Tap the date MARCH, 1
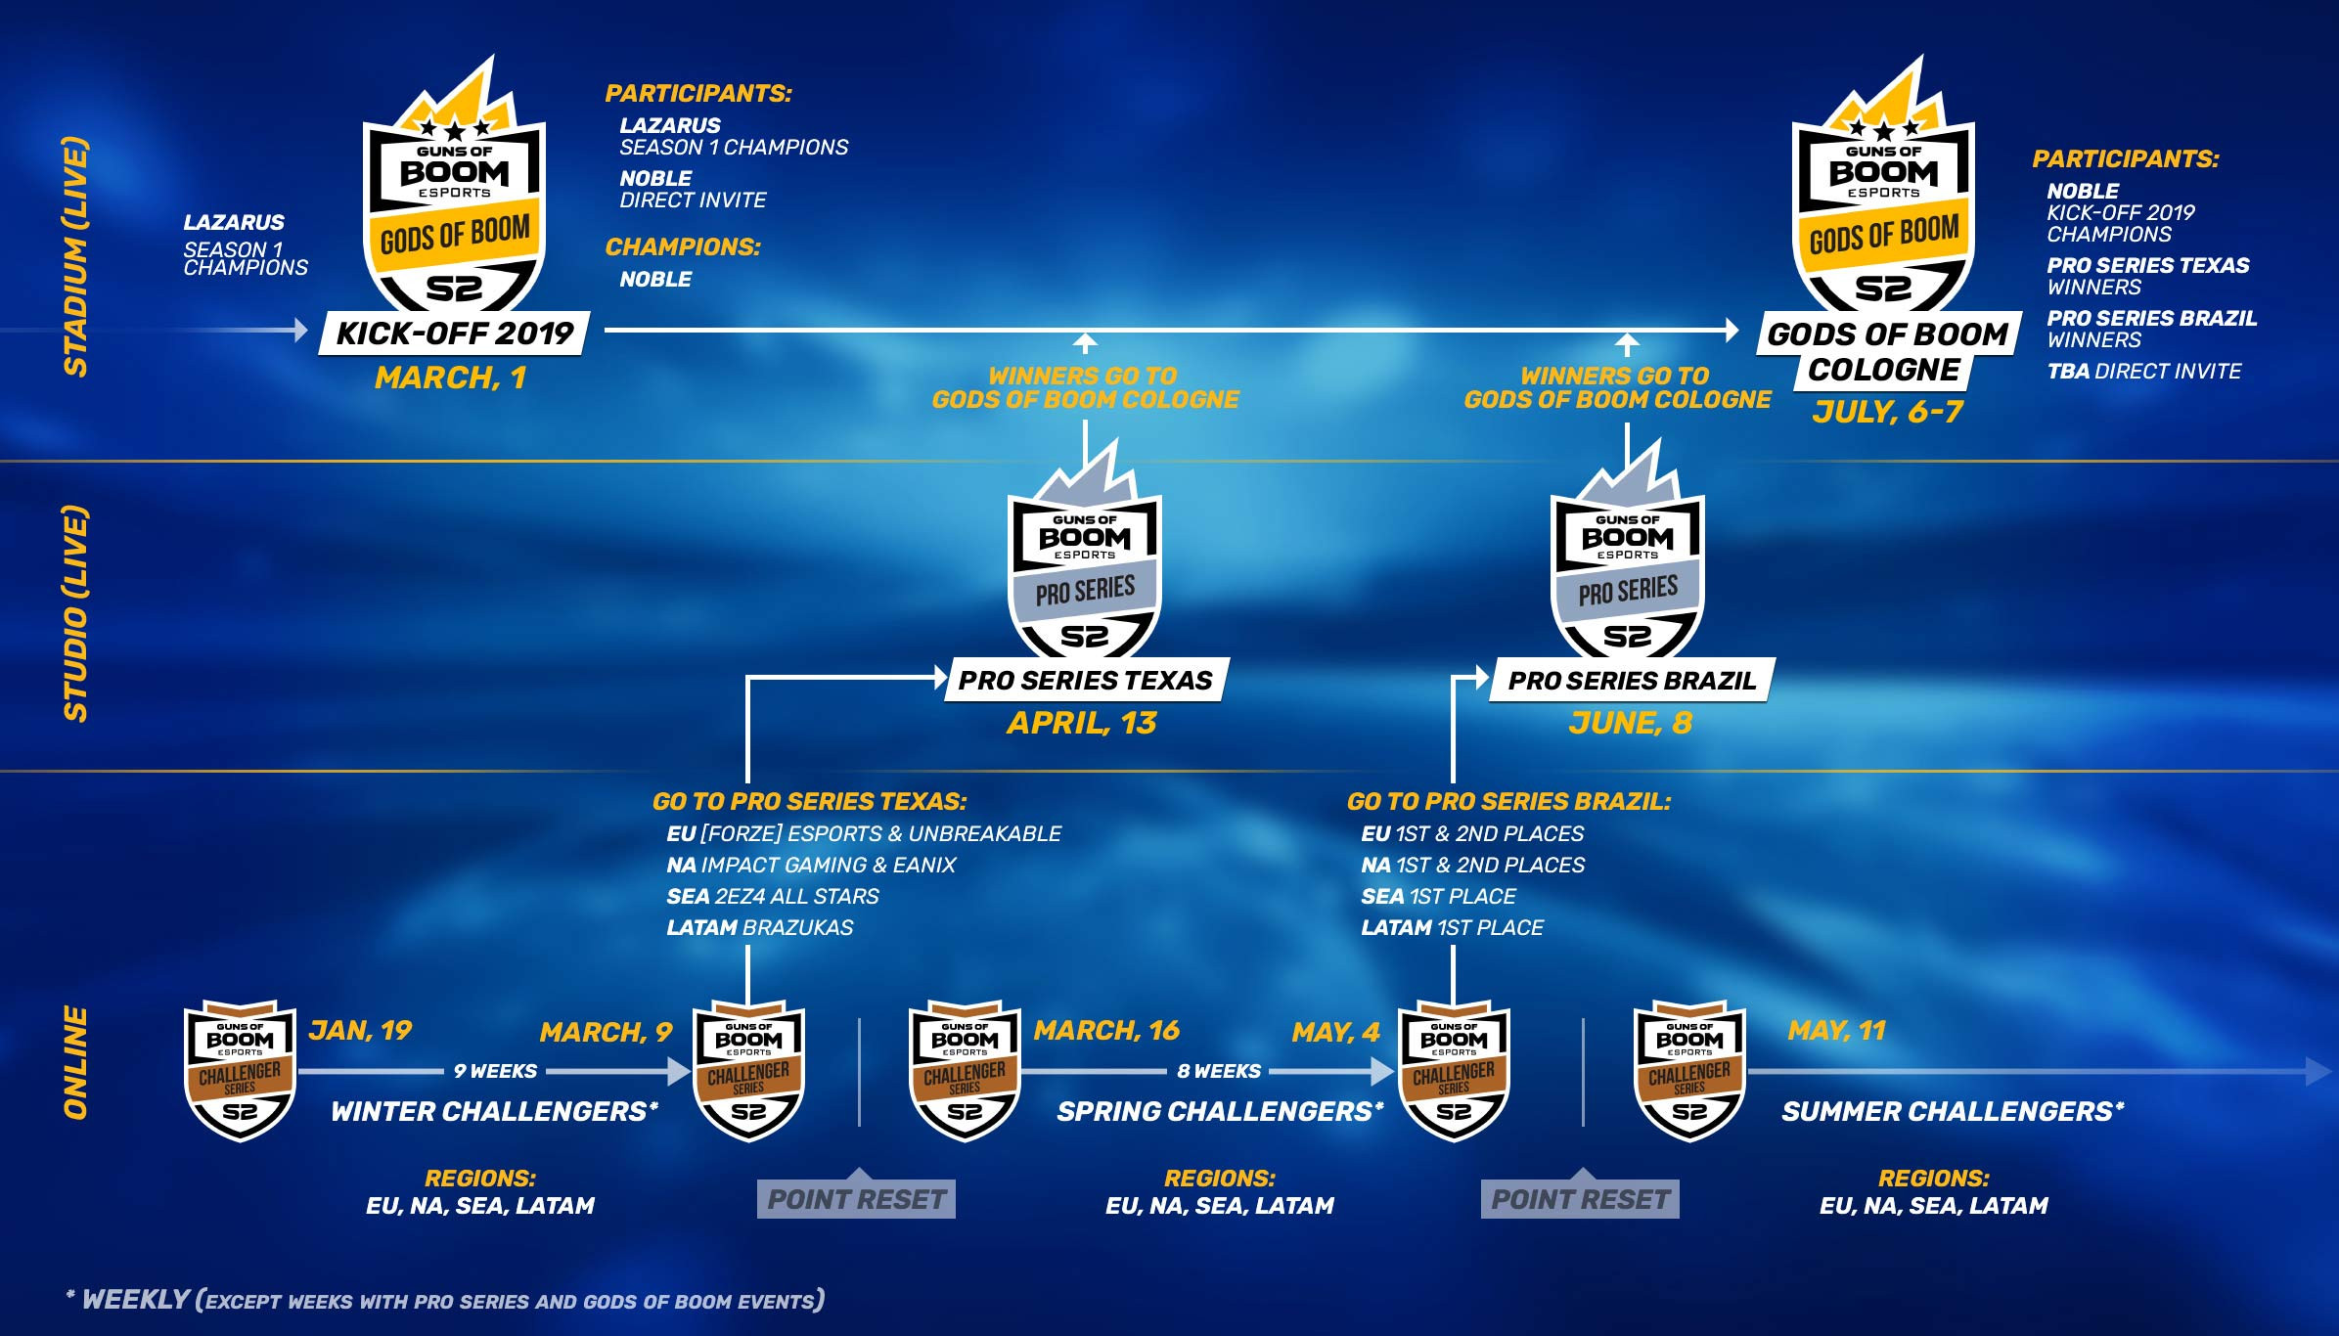(x=451, y=379)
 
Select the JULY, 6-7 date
(x=1887, y=412)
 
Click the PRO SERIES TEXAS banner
(x=1086, y=680)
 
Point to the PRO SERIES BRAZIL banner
(x=1632, y=680)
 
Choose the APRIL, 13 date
(x=1082, y=723)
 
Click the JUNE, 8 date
(x=1630, y=723)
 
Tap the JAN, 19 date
(x=360, y=1031)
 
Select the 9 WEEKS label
(x=495, y=1071)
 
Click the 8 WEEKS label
(x=1219, y=1071)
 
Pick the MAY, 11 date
(x=1836, y=1031)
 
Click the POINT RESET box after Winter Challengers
(x=856, y=1198)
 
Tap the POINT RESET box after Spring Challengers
(x=1580, y=1198)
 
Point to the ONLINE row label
(x=76, y=1063)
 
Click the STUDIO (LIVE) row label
(x=76, y=614)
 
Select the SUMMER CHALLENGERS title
(x=1953, y=1111)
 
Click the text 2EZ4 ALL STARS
(x=796, y=896)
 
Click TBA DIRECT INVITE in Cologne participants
(x=2144, y=372)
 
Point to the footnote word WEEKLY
(x=135, y=1300)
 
